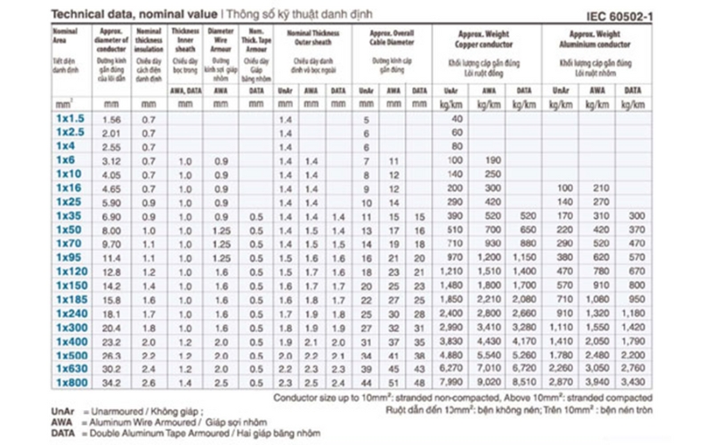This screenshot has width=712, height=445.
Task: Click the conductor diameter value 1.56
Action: (112, 119)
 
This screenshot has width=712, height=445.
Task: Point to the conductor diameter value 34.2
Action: (112, 383)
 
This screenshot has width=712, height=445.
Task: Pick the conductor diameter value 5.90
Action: (112, 202)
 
